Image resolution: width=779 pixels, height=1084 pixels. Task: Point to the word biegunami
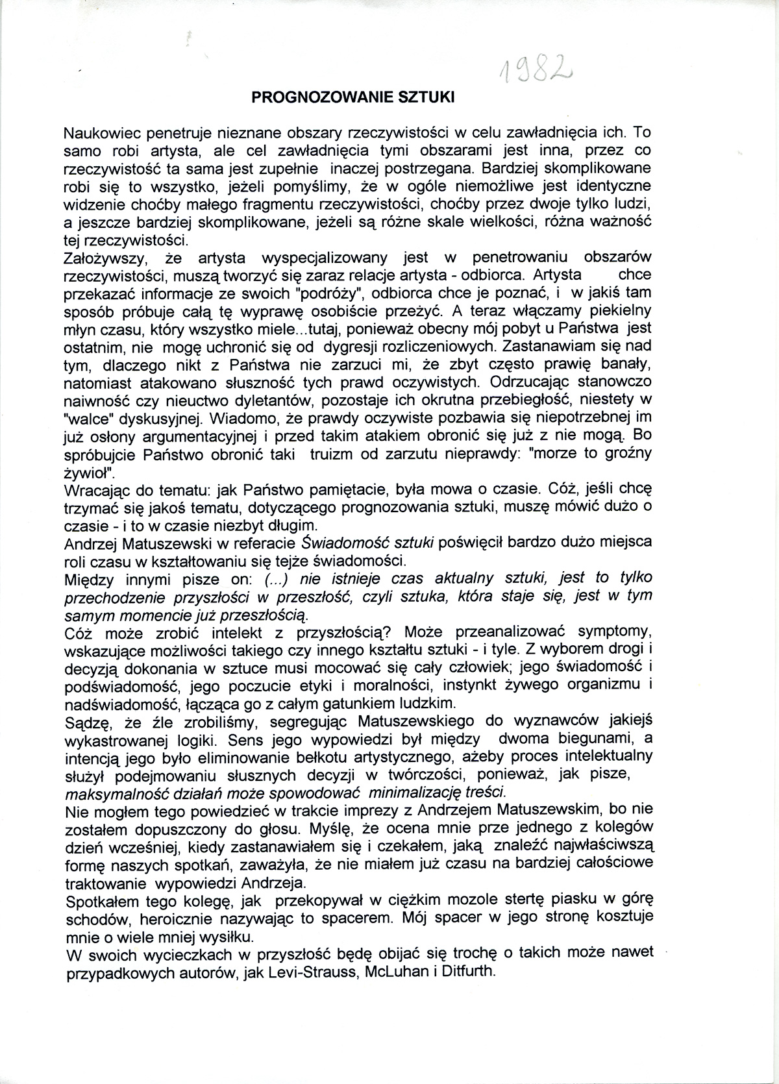point(588,739)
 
